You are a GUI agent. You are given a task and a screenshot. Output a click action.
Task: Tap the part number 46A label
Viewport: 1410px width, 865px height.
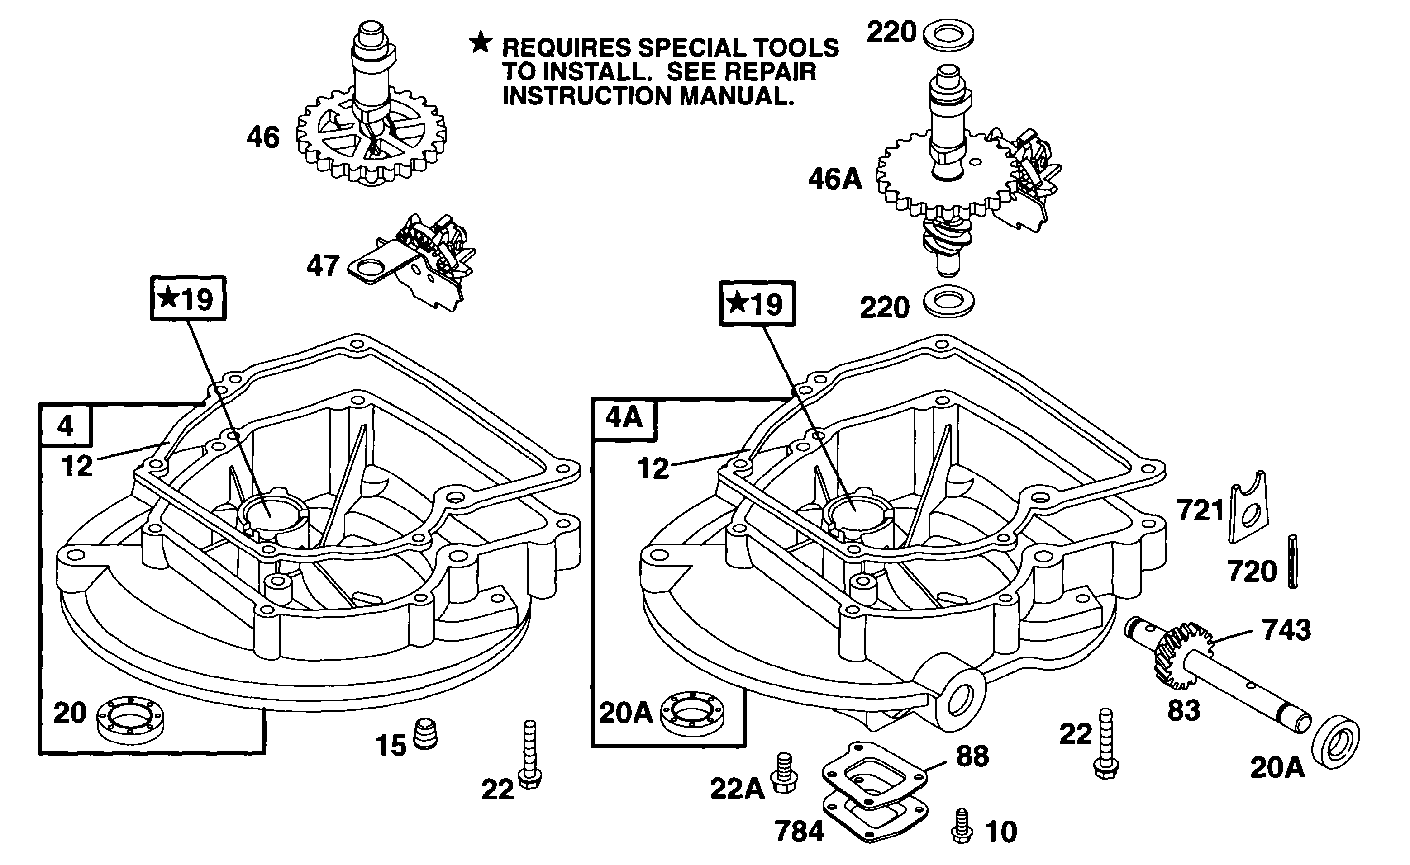coord(835,179)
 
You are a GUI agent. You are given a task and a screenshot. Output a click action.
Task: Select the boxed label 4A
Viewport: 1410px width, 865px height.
coord(624,418)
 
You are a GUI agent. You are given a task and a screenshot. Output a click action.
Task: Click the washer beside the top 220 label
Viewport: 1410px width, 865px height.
coord(948,35)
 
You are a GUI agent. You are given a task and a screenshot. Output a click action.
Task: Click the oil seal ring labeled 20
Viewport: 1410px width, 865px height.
coord(130,718)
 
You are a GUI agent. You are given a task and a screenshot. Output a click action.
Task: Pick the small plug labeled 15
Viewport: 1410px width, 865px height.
coord(425,735)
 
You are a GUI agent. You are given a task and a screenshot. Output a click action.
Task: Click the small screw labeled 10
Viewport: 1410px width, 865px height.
coord(962,826)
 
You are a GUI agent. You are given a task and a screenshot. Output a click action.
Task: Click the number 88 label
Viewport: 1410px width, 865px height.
coord(972,756)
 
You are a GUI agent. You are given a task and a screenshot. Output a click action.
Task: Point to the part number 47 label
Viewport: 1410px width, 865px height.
coord(324,266)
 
